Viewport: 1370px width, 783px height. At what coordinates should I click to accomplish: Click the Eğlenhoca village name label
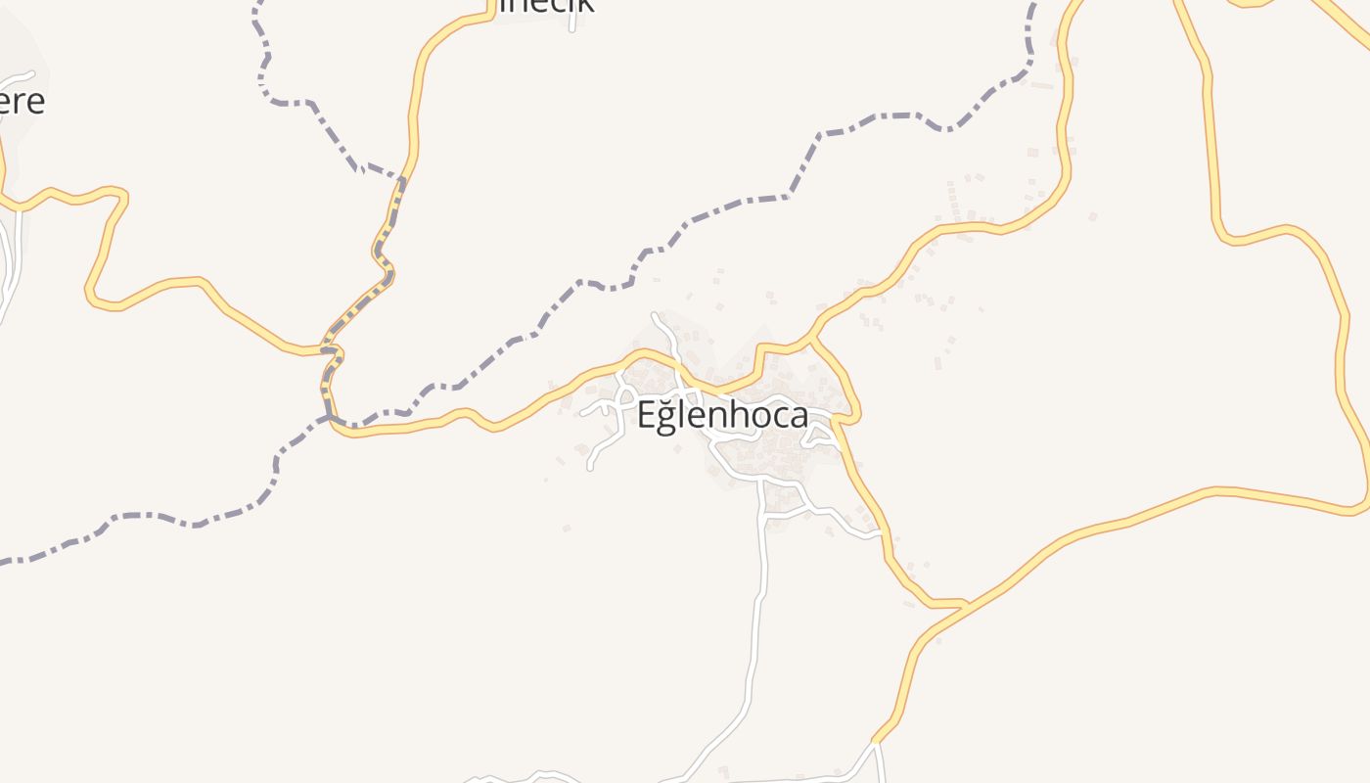click(x=723, y=415)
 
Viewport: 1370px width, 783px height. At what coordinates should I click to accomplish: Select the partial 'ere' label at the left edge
click(x=22, y=101)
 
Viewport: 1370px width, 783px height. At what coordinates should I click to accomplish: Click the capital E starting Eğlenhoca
click(x=647, y=415)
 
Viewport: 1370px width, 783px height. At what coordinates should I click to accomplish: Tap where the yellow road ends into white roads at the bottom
click(x=876, y=741)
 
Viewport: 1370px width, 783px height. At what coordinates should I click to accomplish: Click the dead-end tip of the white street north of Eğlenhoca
click(x=654, y=315)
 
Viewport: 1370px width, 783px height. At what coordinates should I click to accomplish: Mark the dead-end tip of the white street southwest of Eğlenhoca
click(x=590, y=468)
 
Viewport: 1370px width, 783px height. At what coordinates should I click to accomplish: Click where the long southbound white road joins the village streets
click(x=761, y=482)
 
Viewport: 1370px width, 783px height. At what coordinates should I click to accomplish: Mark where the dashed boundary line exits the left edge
click(x=3, y=563)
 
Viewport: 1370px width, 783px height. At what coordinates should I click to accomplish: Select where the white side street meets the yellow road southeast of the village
click(x=883, y=532)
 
